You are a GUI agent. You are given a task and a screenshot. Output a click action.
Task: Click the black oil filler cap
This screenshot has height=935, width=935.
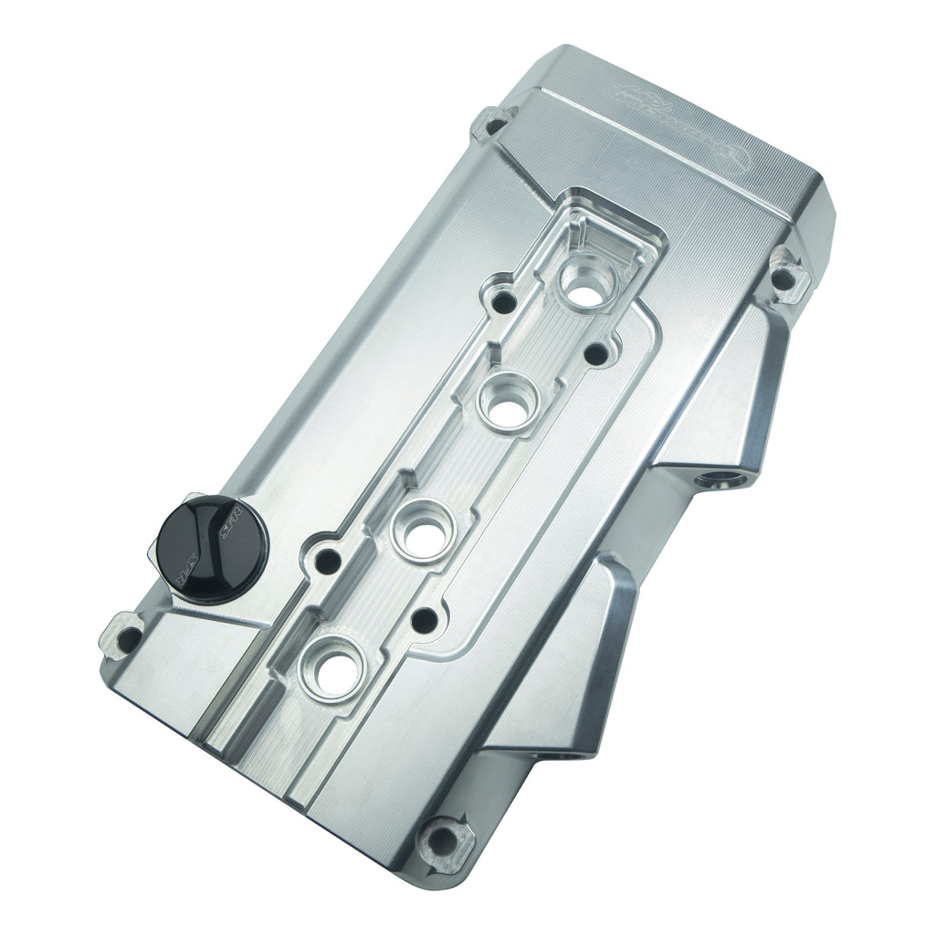tap(209, 545)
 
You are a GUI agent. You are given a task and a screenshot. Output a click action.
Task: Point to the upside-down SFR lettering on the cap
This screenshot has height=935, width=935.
tap(186, 575)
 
